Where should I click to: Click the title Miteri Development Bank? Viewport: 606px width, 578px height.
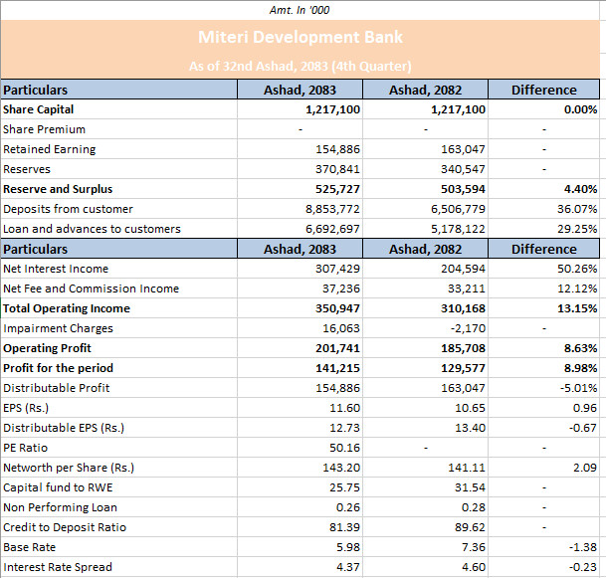tap(301, 37)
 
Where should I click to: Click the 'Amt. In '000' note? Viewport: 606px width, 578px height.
tap(300, 10)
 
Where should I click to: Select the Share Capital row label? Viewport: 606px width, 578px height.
tap(38, 109)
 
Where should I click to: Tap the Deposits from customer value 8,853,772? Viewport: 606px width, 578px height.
tap(332, 209)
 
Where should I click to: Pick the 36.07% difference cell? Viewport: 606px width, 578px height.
tap(577, 209)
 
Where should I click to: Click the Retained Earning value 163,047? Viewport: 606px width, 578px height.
tap(463, 149)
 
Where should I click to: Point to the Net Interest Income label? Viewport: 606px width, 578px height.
tap(56, 269)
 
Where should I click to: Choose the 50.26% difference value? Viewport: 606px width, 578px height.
tap(577, 269)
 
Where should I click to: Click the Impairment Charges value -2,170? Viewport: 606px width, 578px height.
tap(468, 328)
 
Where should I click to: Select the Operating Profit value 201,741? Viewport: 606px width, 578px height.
tap(337, 348)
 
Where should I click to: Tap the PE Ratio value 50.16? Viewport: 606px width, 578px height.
tap(344, 448)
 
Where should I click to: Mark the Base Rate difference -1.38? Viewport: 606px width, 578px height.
tap(583, 547)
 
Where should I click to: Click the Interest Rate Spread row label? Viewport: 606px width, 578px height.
tap(58, 567)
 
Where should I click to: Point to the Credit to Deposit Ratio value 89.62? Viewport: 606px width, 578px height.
tap(470, 527)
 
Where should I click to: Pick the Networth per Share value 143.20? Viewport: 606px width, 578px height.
tap(341, 468)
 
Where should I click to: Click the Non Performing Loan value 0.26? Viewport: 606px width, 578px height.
tap(348, 507)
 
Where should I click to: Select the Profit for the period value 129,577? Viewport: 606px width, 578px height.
tap(463, 368)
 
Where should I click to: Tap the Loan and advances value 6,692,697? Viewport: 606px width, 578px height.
tap(332, 229)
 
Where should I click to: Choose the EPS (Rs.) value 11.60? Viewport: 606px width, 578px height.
tap(344, 408)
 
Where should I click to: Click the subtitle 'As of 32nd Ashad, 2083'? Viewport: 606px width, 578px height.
tap(258, 66)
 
